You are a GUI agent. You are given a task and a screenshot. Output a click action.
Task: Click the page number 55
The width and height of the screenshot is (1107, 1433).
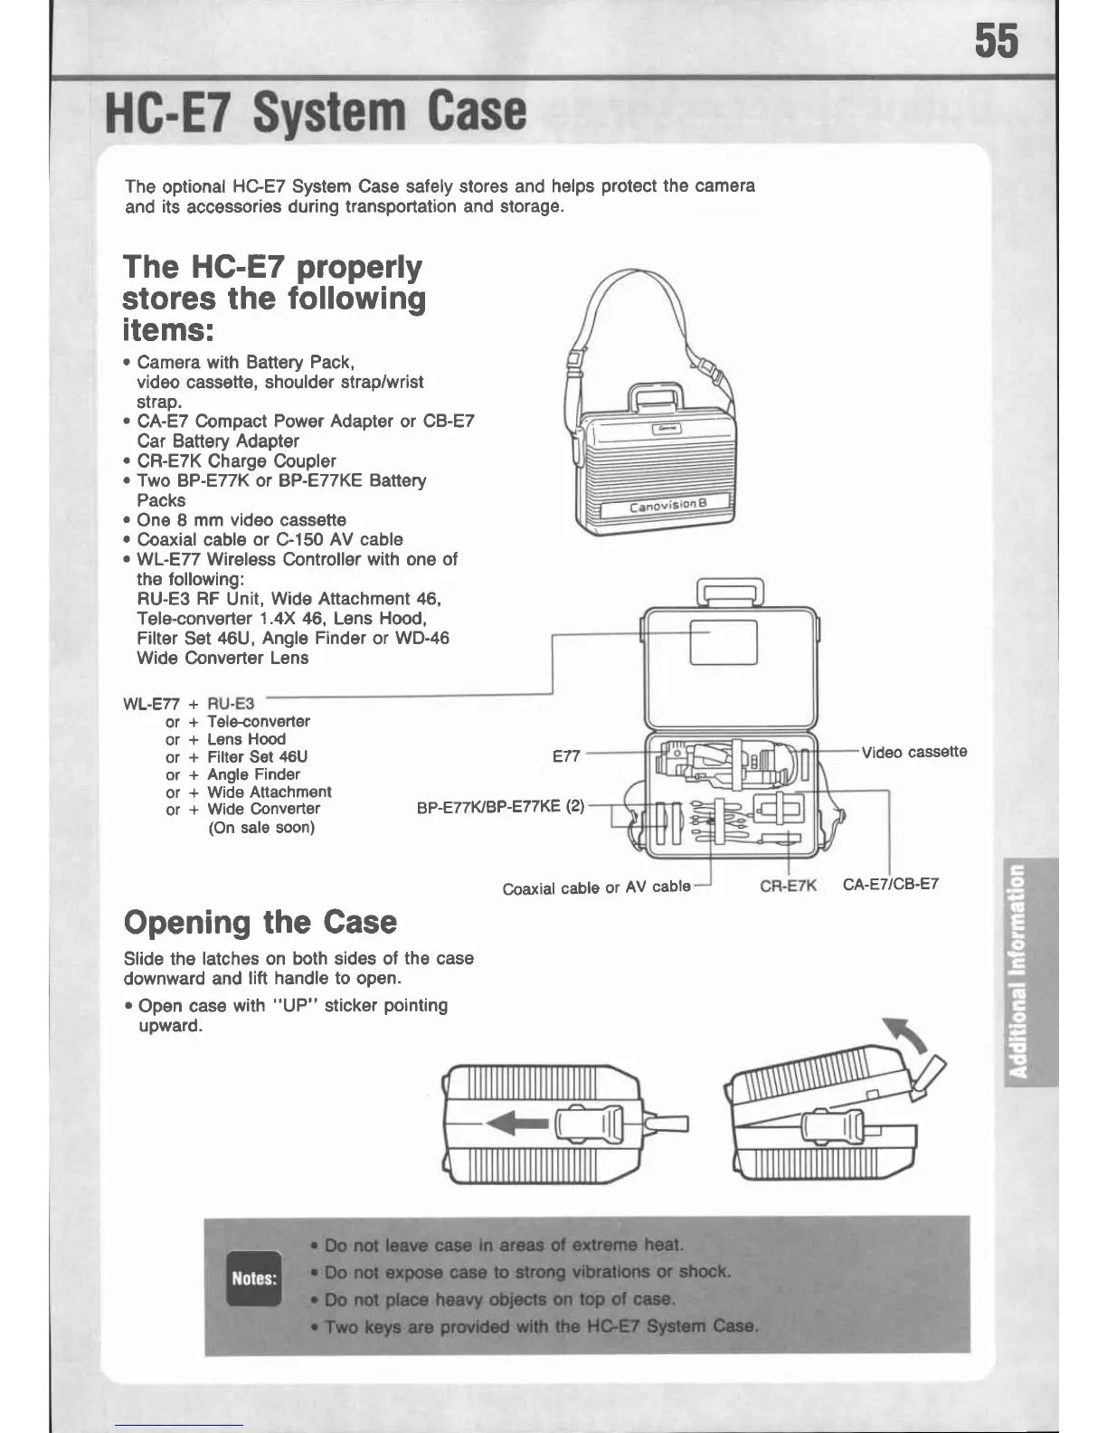click(996, 42)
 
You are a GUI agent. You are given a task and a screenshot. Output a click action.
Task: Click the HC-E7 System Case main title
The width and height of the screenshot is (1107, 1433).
click(316, 111)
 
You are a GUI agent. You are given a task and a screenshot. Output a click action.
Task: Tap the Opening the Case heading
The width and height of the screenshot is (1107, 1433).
click(260, 922)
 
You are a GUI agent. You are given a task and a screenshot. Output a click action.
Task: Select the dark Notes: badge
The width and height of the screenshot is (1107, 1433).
click(253, 1277)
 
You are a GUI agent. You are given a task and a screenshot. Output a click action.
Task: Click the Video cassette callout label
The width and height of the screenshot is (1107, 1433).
click(913, 752)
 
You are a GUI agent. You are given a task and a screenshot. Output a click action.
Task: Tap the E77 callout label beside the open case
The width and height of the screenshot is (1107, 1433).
click(566, 755)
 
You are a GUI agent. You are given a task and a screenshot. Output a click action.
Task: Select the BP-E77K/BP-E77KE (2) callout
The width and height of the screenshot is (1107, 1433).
click(501, 807)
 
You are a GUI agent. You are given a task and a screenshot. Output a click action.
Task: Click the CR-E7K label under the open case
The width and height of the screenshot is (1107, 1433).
click(788, 886)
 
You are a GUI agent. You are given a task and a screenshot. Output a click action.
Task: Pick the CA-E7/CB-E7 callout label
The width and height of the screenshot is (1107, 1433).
click(891, 884)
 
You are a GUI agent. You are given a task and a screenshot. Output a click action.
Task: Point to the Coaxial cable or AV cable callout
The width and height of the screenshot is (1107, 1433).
click(597, 887)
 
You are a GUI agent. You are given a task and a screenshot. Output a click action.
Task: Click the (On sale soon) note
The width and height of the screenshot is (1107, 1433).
click(261, 828)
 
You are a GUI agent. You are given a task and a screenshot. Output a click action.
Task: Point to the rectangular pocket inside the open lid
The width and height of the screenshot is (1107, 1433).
click(723, 641)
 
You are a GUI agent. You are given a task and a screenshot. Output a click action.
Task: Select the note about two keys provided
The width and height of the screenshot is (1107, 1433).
click(541, 1326)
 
